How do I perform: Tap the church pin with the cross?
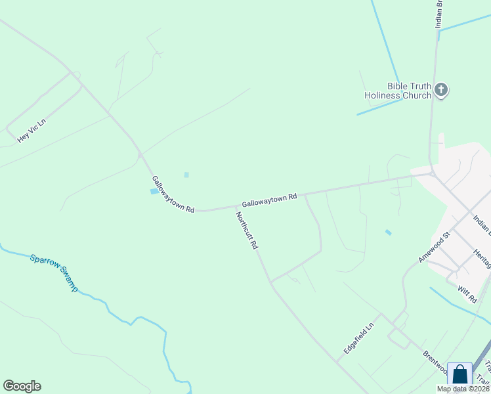(x=441, y=90)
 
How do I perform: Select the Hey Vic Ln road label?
(x=32, y=130)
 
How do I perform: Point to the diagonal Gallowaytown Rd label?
(x=173, y=194)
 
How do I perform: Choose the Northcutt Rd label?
(x=247, y=230)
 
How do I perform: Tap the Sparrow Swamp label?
(x=54, y=273)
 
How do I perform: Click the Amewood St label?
(x=433, y=247)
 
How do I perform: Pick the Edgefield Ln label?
(x=358, y=339)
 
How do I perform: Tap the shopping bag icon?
(x=459, y=375)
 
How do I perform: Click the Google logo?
(x=22, y=386)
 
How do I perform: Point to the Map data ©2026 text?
(x=463, y=389)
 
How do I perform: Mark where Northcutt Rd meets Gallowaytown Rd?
(x=236, y=207)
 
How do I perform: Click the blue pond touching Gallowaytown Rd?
(x=154, y=191)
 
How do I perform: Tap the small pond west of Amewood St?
(x=389, y=232)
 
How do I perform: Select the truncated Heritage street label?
(x=482, y=257)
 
